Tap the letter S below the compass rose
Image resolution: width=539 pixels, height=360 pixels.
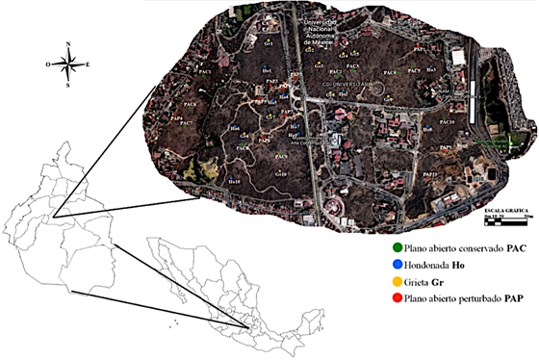[65, 85]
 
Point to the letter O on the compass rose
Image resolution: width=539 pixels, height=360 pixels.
[47, 64]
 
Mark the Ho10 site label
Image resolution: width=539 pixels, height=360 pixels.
[234, 180]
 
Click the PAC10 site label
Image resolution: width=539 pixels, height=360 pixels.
[447, 122]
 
